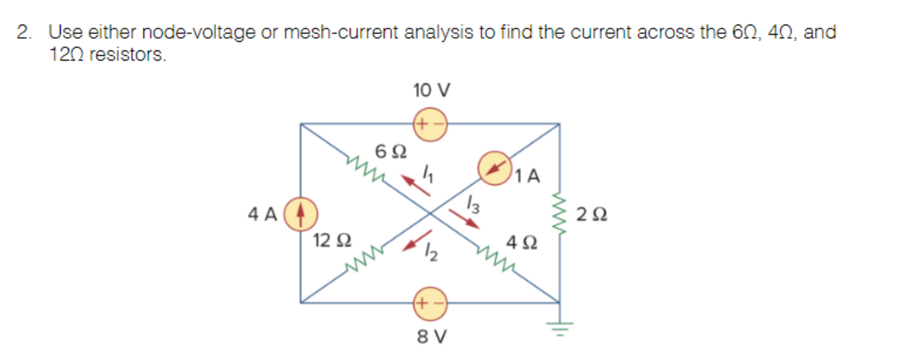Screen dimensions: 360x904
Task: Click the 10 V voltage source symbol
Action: pos(430,124)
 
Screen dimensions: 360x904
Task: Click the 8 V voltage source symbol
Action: pos(430,304)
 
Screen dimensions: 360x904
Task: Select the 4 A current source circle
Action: pos(301,214)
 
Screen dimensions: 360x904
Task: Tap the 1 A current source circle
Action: pos(495,168)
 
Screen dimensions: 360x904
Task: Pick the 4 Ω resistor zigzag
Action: pos(496,259)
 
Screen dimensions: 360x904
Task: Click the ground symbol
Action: pos(559,328)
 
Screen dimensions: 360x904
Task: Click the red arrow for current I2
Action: pos(417,240)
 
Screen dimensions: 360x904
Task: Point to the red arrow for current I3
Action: pos(464,219)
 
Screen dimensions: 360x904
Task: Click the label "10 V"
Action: pos(431,90)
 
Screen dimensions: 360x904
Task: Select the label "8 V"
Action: pos(432,337)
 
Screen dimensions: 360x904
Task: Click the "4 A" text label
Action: pos(262,214)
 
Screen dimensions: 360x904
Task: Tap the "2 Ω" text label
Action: pos(591,214)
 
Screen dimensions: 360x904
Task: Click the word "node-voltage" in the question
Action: pos(198,32)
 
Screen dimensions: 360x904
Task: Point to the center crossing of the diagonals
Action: pos(430,213)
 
